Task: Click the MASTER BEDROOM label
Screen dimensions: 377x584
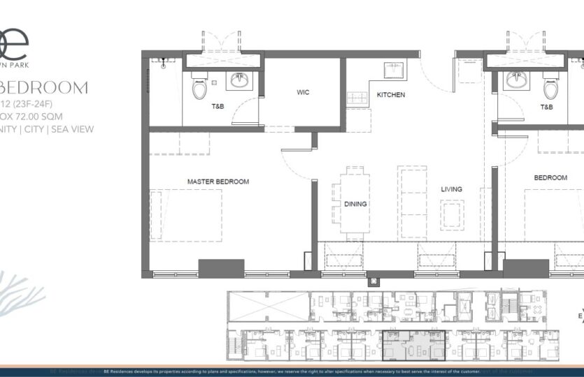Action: (x=218, y=182)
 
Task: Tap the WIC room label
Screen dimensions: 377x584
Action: (x=303, y=92)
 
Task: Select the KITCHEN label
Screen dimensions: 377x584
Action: (x=391, y=95)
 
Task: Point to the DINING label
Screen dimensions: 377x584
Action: (x=355, y=204)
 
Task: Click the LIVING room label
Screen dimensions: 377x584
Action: (x=451, y=189)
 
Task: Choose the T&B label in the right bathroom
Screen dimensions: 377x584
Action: (x=546, y=108)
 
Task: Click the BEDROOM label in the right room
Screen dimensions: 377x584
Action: (x=550, y=178)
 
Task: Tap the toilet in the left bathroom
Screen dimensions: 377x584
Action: (x=199, y=87)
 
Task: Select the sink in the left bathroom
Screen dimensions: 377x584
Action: (x=241, y=80)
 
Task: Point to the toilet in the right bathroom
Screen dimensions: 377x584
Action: (x=550, y=87)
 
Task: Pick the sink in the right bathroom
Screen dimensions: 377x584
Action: (x=517, y=81)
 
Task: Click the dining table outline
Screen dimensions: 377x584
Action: (x=355, y=199)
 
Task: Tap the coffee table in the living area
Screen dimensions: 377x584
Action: (x=451, y=214)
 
